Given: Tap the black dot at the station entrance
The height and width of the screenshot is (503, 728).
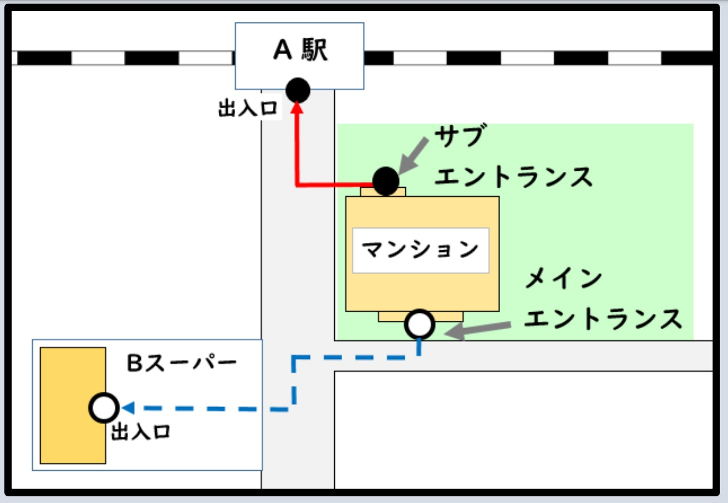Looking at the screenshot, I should (x=298, y=91).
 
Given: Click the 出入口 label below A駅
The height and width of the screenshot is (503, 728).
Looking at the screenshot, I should (x=248, y=109).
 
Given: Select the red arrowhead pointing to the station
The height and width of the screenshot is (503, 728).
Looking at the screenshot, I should (x=297, y=108).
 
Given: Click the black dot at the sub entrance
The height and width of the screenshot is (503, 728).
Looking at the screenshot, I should (x=385, y=180).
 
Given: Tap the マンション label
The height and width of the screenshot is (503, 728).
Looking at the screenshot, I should (x=421, y=250).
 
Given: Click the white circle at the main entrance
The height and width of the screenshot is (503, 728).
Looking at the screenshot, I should (x=420, y=324).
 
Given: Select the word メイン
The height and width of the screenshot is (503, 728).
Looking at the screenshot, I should (x=563, y=279).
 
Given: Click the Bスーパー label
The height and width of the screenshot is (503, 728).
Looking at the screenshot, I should (x=181, y=363).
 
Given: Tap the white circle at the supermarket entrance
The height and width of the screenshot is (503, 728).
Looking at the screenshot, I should (x=104, y=408).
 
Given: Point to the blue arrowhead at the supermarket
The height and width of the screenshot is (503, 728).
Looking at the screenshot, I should (x=128, y=408).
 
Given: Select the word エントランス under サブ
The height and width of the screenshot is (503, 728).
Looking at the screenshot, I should (x=514, y=177).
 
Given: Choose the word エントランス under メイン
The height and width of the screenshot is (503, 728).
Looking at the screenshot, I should (x=603, y=318).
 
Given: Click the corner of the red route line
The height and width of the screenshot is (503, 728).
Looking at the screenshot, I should (x=297, y=185).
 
